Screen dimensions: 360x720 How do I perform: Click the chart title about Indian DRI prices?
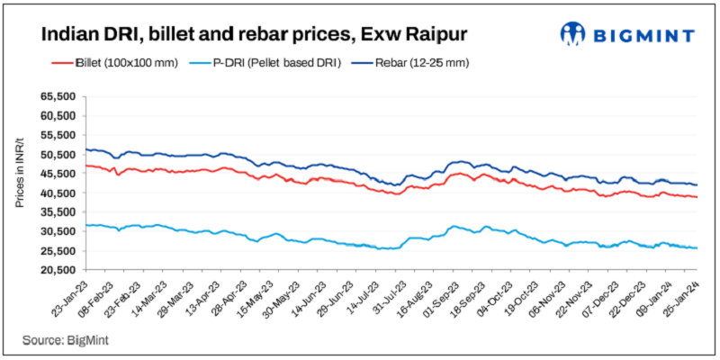[242, 35]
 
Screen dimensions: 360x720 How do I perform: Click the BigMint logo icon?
[573, 34]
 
